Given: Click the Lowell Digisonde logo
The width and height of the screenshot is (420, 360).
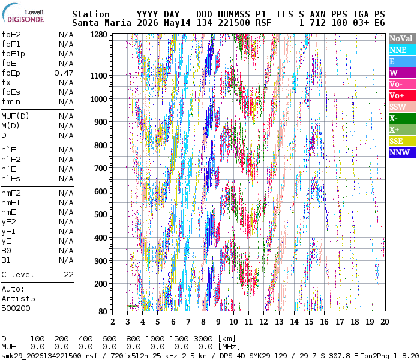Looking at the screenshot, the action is [x=23, y=13].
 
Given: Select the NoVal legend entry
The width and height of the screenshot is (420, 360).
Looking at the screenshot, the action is [x=403, y=38].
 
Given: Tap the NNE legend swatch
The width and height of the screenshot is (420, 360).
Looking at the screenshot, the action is [x=403, y=50].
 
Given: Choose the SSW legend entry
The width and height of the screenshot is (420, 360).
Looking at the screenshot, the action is [x=403, y=107].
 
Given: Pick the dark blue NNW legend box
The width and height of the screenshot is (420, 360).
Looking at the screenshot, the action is [x=403, y=152].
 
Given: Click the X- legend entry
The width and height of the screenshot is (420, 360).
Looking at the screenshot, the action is [x=403, y=118].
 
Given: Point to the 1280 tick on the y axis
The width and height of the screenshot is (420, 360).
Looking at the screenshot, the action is [x=98, y=35].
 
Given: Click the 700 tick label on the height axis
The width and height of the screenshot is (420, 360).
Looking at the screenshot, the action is [x=100, y=168].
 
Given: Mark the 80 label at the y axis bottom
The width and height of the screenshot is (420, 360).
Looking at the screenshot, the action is [x=103, y=311].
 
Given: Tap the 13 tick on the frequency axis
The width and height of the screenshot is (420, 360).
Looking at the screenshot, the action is [x=279, y=322].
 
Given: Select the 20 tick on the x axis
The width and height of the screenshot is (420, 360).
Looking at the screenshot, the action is [x=385, y=322].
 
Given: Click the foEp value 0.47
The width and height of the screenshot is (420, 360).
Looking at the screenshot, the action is [x=64, y=73].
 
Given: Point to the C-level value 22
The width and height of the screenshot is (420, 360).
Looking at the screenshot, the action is [x=68, y=275].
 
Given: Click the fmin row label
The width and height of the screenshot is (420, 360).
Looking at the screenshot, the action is [x=11, y=102].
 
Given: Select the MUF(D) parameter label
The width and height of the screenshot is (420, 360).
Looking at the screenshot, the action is [x=15, y=116].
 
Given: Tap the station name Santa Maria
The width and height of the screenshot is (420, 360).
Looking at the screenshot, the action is [x=101, y=23].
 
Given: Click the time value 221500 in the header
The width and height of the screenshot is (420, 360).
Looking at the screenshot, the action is [x=234, y=23].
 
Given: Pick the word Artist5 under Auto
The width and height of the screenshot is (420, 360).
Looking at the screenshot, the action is [x=18, y=298].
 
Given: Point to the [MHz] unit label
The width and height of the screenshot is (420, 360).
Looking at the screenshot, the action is [x=229, y=347].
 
